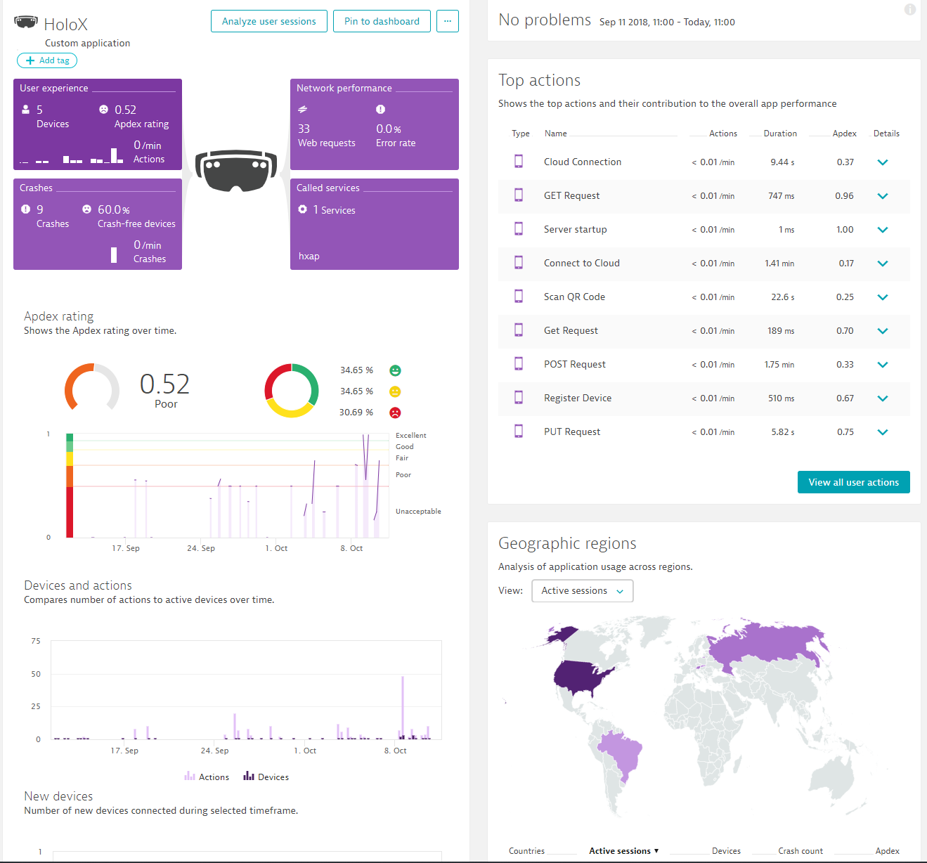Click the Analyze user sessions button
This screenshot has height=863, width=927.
[268, 21]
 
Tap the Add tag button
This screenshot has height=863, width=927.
[47, 60]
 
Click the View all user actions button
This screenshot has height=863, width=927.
[853, 482]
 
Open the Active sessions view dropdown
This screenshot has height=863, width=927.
[582, 591]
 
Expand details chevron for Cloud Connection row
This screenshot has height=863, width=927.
[883, 162]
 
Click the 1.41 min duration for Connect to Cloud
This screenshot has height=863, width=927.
[779, 264]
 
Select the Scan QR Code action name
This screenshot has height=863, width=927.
[574, 297]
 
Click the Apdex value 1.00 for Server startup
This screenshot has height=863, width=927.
[845, 230]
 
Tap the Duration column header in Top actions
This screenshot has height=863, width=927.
[780, 134]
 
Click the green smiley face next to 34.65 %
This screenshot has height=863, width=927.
[395, 370]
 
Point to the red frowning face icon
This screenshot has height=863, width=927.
[395, 413]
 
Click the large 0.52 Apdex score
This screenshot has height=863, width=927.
[164, 384]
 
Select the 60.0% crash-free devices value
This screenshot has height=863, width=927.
[113, 209]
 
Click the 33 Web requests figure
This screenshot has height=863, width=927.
[304, 129]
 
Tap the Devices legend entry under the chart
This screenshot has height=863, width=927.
[266, 777]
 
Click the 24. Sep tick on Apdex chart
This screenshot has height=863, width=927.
[201, 548]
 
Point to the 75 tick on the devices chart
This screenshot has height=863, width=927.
[36, 641]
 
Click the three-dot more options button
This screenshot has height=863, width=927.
[447, 21]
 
